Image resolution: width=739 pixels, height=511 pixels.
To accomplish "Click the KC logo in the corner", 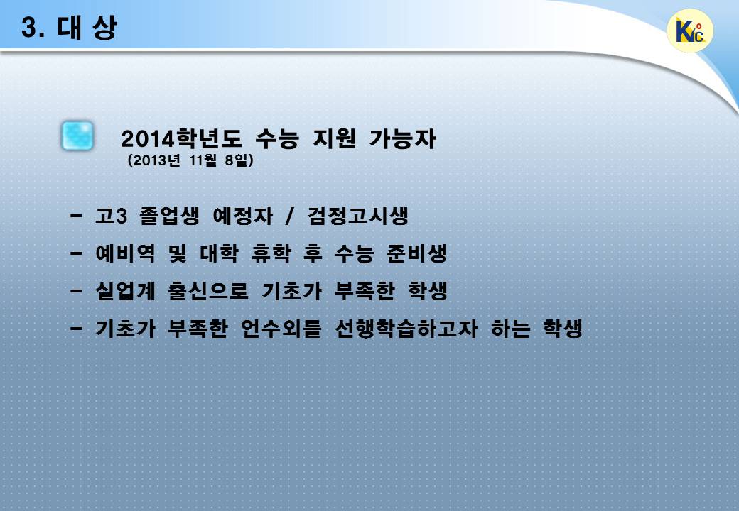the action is [x=690, y=31].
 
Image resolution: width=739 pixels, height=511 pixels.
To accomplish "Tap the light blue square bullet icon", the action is [x=77, y=136].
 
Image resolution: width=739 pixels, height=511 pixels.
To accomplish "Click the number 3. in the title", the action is [x=33, y=28].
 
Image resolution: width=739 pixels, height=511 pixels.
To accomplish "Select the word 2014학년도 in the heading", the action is [x=181, y=139].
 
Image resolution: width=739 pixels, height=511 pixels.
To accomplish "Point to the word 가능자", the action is [x=402, y=139].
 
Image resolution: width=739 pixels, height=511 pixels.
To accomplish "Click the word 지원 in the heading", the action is [x=334, y=139].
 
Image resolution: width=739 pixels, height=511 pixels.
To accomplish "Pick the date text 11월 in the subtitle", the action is [x=203, y=160].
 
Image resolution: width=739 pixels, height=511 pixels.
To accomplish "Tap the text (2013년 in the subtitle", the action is [x=153, y=160].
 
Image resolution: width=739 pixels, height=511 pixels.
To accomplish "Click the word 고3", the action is [x=112, y=216].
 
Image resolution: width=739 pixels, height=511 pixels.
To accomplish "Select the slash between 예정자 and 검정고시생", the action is [x=290, y=216].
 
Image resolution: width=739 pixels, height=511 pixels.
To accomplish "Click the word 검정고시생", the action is [x=357, y=216].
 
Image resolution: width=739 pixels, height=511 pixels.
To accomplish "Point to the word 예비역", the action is [x=125, y=253].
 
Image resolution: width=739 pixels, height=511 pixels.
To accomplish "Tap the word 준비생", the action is [x=416, y=253].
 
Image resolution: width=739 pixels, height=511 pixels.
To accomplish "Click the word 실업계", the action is [x=125, y=290].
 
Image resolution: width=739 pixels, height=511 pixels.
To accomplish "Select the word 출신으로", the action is [x=207, y=290].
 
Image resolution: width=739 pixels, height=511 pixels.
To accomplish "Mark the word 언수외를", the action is [x=281, y=328].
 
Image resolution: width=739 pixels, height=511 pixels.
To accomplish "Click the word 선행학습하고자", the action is [x=406, y=328].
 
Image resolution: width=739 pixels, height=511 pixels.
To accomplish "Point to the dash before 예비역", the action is [x=76, y=253].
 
